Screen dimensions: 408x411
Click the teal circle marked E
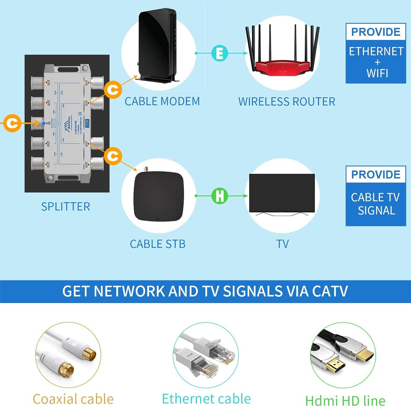[219, 53]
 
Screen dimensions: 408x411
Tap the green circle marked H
[219, 196]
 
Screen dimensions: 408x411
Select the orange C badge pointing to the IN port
[12, 123]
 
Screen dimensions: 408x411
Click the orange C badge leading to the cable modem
[113, 90]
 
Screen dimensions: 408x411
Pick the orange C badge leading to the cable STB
[113, 156]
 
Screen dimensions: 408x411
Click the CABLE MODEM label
[162, 102]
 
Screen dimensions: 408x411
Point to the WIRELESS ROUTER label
[287, 102]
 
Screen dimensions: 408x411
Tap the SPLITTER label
[65, 207]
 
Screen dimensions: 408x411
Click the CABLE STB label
[158, 244]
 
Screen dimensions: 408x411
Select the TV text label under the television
[282, 244]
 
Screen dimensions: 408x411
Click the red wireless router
[282, 66]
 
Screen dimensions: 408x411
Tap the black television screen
[282, 193]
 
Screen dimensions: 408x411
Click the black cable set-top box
[158, 196]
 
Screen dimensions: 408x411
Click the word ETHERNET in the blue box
[376, 52]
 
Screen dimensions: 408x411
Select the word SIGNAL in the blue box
[376, 211]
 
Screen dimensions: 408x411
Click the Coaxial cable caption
[73, 399]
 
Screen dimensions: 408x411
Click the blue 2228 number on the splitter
[87, 123]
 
